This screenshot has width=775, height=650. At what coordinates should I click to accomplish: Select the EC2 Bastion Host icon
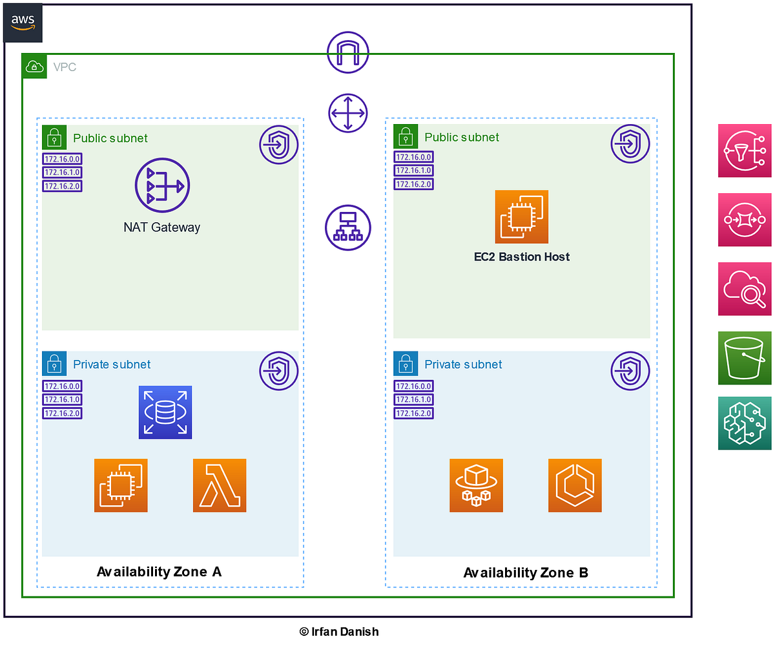(x=521, y=216)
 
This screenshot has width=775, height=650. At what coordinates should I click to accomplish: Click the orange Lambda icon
(x=220, y=485)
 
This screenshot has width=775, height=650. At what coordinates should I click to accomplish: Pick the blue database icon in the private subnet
(x=165, y=412)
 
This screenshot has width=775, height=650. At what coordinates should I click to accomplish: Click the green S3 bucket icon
(x=744, y=358)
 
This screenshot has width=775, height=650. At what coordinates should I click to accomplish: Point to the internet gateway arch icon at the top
(x=347, y=52)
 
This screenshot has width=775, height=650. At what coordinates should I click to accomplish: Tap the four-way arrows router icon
(x=347, y=113)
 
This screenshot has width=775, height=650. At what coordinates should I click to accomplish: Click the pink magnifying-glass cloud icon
(x=744, y=289)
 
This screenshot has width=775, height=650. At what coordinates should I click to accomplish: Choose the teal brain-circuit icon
(x=744, y=423)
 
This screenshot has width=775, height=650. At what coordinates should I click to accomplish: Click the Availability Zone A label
(x=159, y=571)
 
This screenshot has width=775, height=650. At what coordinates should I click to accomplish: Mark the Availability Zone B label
(x=526, y=572)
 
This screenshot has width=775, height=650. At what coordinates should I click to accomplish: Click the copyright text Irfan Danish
(x=338, y=631)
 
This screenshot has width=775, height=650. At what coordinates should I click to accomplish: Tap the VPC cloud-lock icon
(x=34, y=66)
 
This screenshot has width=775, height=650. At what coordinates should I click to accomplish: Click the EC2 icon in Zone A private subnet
(x=121, y=485)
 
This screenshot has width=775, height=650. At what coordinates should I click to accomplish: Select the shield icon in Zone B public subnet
(x=630, y=143)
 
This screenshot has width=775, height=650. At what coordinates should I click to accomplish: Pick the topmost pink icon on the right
(x=744, y=151)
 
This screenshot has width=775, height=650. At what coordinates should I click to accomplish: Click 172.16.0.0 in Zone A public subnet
(x=62, y=159)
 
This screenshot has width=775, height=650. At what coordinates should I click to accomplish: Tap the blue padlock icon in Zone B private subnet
(x=406, y=364)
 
